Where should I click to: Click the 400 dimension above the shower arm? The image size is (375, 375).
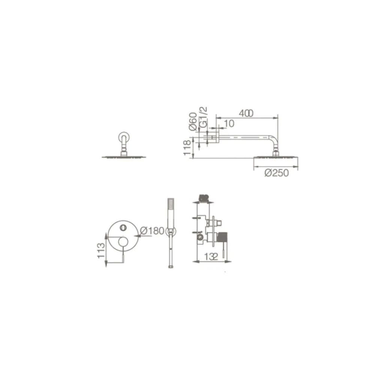click(246, 113)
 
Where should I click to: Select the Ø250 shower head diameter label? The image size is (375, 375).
click(277, 172)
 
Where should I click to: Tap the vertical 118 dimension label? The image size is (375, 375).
click(187, 148)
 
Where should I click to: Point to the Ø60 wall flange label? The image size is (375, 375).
click(193, 121)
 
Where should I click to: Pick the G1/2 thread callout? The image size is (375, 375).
click(203, 117)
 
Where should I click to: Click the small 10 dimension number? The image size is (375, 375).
click(229, 124)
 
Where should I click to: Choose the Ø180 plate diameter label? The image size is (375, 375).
click(152, 231)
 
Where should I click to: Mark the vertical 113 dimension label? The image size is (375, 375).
click(101, 250)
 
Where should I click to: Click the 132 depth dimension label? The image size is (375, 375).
click(211, 256)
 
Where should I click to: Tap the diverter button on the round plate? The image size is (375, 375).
click(123, 227)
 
